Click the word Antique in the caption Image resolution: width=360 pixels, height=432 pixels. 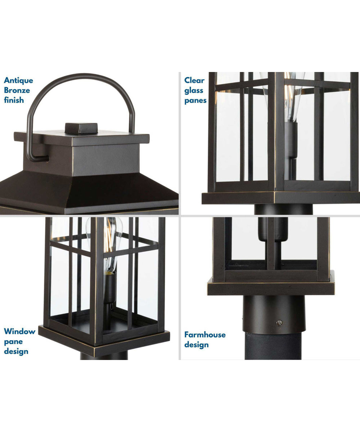(x=18, y=80)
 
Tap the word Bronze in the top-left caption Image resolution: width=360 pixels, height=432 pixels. (x=17, y=90)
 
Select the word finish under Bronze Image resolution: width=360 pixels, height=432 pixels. (x=14, y=100)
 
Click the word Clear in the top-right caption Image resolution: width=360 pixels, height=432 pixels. (x=194, y=80)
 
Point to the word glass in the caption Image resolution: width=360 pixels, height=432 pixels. (x=194, y=90)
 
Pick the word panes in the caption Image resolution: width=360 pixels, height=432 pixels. (x=195, y=100)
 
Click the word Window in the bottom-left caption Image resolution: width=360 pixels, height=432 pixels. (x=20, y=331)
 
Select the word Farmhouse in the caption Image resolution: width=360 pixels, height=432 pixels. (x=205, y=335)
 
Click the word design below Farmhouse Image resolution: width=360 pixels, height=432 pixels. (x=197, y=345)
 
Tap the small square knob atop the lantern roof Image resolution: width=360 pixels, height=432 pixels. (x=81, y=127)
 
